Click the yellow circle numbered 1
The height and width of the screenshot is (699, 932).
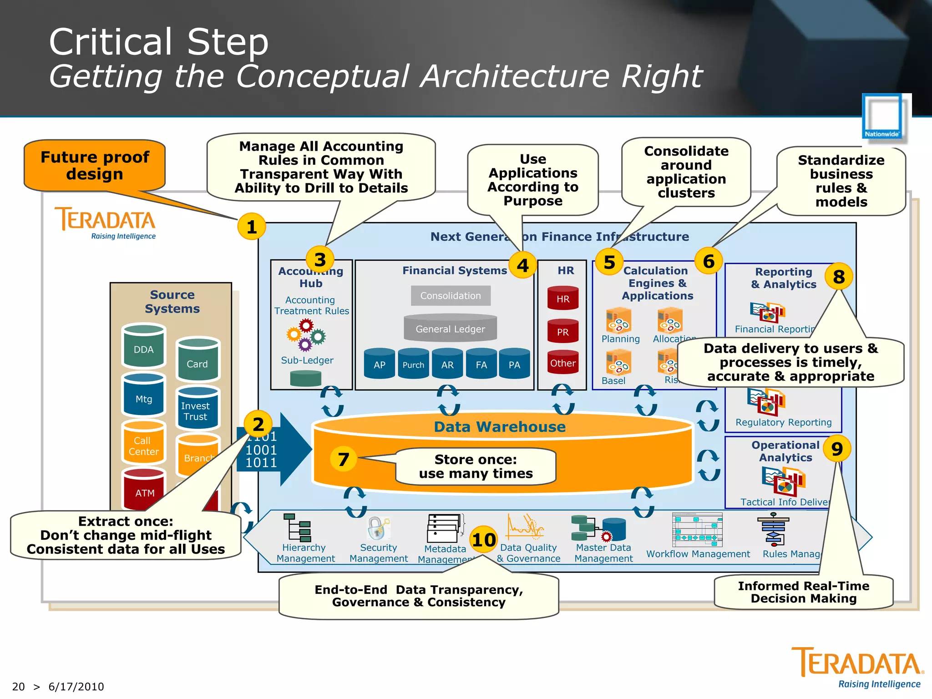(251, 227)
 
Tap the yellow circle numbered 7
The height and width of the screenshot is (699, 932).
(344, 459)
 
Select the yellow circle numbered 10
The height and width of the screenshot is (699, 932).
(483, 540)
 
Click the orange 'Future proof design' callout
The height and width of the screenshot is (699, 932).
(95, 166)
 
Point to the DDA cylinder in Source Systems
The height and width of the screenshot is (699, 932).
(143, 347)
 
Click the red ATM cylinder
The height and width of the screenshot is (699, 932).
(144, 491)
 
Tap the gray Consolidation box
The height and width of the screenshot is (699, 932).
(451, 296)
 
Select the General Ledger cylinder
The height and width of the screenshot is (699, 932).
(450, 328)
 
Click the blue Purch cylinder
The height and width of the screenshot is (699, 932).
(413, 364)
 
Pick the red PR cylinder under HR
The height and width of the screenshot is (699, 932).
(563, 331)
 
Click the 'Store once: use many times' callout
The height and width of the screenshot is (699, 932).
(476, 466)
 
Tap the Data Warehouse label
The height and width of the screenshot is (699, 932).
(500, 427)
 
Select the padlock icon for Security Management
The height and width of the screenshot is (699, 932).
(378, 528)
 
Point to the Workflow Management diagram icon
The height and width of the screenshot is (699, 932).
(697, 530)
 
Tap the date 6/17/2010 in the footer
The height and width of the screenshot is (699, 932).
(76, 687)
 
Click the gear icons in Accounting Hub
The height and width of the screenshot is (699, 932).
(306, 335)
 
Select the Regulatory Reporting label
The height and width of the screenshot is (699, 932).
(783, 422)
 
